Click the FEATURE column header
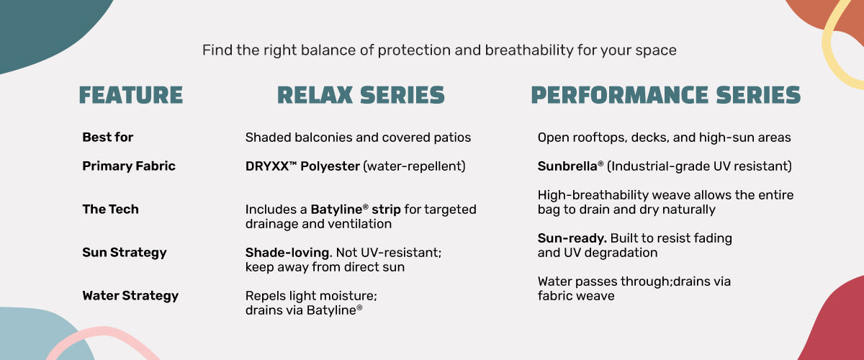point(131,95)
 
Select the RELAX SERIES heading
point(361,95)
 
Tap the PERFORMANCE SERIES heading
point(666,95)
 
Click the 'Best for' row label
point(107,137)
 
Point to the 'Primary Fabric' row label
point(129,166)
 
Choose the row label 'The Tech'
point(110,209)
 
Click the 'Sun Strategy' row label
point(124,253)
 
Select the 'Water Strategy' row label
point(130,296)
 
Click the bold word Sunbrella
point(567,166)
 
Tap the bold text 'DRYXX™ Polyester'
point(302,166)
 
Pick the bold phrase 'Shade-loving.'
point(289,253)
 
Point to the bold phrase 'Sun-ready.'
point(572,238)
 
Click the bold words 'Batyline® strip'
point(356,210)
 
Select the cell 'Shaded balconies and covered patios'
point(358,138)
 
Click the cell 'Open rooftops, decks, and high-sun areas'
point(664,138)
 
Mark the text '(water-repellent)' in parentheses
point(414,166)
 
